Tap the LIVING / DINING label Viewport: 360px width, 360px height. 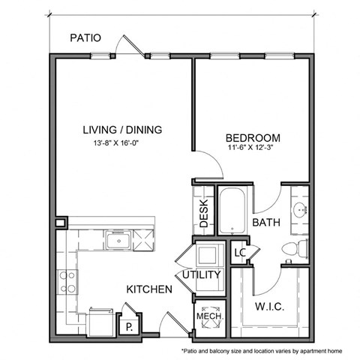click(122, 130)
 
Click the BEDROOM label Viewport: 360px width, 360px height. click(253, 138)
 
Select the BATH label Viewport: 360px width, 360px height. click(266, 223)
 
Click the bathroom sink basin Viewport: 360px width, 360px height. click(299, 210)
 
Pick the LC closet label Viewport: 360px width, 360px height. click(241, 253)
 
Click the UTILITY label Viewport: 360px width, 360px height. click(202, 274)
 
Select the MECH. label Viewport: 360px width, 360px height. click(206, 316)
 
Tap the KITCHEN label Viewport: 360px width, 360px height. click(144, 289)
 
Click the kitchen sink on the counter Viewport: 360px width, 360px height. click(118, 241)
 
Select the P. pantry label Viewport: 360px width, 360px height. click(129, 326)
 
